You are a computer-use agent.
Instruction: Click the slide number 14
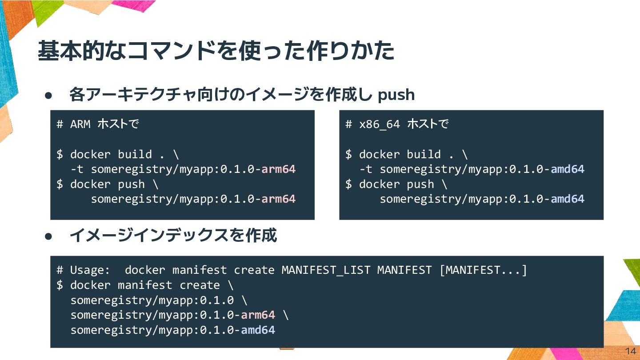tap(630, 351)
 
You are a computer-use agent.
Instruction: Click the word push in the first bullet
tap(396, 95)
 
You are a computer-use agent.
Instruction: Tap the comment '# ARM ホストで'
tap(98, 124)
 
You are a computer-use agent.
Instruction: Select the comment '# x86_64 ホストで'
tap(396, 124)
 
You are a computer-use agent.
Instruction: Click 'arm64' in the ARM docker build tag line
tap(278, 169)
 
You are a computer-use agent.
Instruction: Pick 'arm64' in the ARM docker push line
tap(278, 199)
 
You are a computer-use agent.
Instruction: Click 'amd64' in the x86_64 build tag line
tap(567, 169)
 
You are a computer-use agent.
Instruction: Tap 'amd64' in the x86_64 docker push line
tap(567, 199)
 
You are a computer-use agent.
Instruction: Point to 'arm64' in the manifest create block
tap(258, 315)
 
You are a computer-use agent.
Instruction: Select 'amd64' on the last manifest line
tap(258, 330)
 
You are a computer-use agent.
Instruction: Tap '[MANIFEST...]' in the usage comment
tap(483, 270)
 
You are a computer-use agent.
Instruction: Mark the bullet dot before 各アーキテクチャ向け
tap(49, 95)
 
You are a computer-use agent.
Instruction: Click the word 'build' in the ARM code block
tap(135, 155)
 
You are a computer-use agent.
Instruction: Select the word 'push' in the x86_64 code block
tap(420, 184)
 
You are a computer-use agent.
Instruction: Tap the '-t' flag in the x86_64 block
tap(366, 169)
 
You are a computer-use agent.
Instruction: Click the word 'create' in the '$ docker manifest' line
tap(200, 285)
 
